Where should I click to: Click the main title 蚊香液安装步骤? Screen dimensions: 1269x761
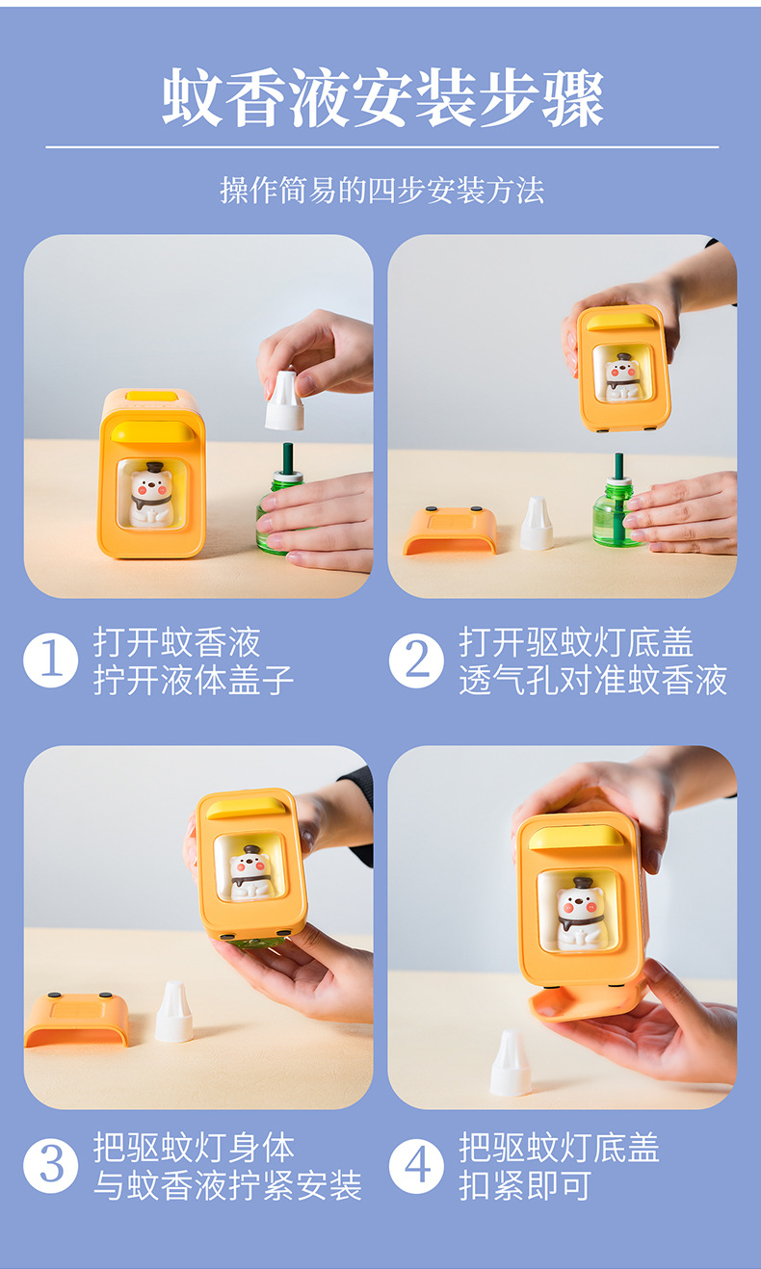point(382,98)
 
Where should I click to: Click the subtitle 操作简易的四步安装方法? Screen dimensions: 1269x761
point(382,190)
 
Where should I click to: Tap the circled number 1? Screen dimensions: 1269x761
point(51,660)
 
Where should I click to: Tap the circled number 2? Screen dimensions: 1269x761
point(416,660)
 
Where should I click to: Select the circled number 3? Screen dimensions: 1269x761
point(51,1166)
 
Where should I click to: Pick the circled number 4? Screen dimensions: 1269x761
point(416,1166)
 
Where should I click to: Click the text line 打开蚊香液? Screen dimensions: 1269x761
point(177,642)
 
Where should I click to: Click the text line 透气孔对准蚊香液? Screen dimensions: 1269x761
point(592,680)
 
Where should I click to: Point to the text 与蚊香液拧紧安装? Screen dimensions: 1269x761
point(227,1185)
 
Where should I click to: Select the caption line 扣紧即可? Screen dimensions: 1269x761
point(525,1185)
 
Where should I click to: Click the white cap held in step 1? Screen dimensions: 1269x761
point(284,402)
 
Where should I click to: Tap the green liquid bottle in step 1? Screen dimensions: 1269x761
point(275,515)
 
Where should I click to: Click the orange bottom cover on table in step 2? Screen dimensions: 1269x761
point(450,531)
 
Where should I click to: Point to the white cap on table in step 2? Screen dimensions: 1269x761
point(537,526)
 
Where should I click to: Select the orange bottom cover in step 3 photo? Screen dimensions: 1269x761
point(76,1020)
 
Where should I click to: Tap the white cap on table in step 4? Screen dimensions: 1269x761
point(511,1065)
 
